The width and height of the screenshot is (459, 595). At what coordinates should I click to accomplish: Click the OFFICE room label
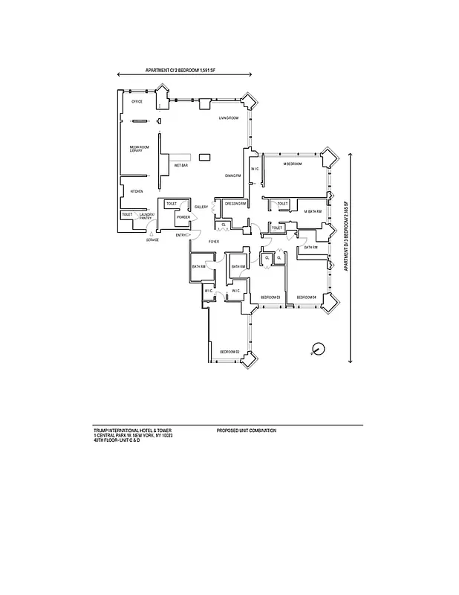tap(137, 102)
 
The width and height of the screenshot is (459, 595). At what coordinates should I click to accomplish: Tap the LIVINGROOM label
tap(228, 118)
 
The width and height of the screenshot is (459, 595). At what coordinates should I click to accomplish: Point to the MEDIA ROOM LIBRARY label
tap(136, 149)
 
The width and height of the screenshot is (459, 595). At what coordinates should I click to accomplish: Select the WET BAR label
tap(180, 165)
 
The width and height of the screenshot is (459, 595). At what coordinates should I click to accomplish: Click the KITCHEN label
tap(137, 191)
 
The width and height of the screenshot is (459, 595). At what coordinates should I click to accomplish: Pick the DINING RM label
tap(234, 176)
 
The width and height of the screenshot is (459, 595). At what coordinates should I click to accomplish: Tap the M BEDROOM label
tap(293, 163)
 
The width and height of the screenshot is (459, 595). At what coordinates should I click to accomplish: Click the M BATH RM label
tap(313, 211)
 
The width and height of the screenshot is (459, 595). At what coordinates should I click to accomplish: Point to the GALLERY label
tap(201, 207)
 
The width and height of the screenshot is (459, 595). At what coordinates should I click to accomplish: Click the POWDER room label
tap(183, 217)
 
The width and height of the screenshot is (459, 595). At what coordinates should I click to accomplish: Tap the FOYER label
tap(213, 242)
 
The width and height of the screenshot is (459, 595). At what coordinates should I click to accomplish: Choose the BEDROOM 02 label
tap(229, 351)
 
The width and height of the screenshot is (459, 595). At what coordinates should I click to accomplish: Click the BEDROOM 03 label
tap(270, 297)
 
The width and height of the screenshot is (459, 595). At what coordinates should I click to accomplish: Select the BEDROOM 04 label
tap(307, 297)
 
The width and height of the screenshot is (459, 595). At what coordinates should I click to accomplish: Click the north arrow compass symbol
tap(318, 347)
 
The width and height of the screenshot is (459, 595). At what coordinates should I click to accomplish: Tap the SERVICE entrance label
tap(152, 240)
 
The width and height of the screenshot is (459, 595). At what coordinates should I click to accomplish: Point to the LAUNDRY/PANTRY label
tap(146, 216)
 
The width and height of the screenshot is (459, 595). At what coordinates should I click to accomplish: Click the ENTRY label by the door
tap(181, 235)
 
